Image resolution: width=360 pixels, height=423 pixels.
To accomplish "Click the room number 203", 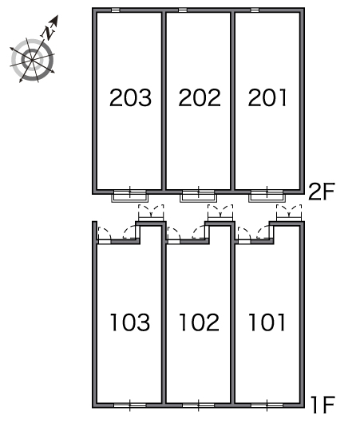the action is tap(130, 97).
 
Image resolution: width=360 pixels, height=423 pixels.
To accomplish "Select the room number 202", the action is tap(200, 97).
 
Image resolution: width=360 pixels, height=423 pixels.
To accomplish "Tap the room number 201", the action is tap(267, 97).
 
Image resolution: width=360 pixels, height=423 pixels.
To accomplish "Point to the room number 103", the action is tap(130, 322).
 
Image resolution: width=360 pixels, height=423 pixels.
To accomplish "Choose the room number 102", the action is tap(200, 322).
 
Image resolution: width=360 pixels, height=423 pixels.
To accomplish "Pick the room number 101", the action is tap(267, 322).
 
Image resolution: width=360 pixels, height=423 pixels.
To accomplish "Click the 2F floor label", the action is tap(322, 192).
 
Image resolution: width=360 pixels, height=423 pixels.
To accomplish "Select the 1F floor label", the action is tap(322, 405).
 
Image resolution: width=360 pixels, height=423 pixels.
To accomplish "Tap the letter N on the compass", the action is tap(49, 33).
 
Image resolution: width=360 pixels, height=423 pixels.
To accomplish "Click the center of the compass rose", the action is tap(32, 60).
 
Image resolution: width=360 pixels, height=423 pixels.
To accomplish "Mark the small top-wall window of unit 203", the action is tap(116, 10).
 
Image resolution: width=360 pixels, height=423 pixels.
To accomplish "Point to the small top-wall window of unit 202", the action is tap(183, 10).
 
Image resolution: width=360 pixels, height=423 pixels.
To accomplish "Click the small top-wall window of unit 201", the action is tap(255, 10).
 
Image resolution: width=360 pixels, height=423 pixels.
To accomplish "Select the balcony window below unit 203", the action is tap(130, 195).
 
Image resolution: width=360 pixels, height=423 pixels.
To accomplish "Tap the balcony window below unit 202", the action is tap(198, 195).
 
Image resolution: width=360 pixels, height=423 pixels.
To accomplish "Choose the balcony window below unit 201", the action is tap(267, 195).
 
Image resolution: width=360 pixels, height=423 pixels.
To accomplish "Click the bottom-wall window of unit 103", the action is tap(130, 405).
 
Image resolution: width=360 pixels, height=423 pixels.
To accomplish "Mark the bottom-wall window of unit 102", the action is tap(198, 405).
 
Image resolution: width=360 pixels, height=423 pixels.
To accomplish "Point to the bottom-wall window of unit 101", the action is tap(267, 405).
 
